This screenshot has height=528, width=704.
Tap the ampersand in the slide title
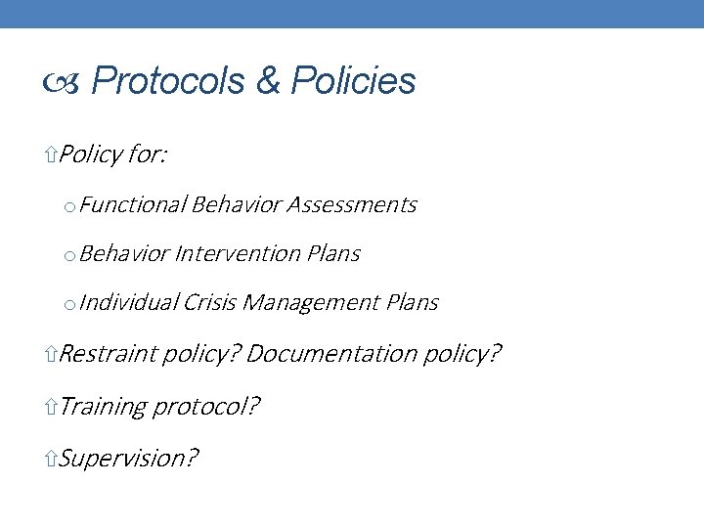tap(268, 81)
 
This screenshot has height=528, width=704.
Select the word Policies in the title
tap(354, 81)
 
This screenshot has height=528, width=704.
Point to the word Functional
tap(133, 204)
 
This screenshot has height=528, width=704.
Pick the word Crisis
tap(208, 303)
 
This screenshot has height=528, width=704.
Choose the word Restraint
tap(107, 353)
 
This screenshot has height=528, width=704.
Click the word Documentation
tap(330, 353)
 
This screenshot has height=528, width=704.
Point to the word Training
tap(102, 406)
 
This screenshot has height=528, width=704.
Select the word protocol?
tap(206, 406)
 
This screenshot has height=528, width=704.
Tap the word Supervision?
tap(128, 458)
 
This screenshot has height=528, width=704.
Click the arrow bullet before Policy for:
tap(52, 154)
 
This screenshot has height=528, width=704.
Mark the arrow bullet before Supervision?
tap(52, 458)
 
